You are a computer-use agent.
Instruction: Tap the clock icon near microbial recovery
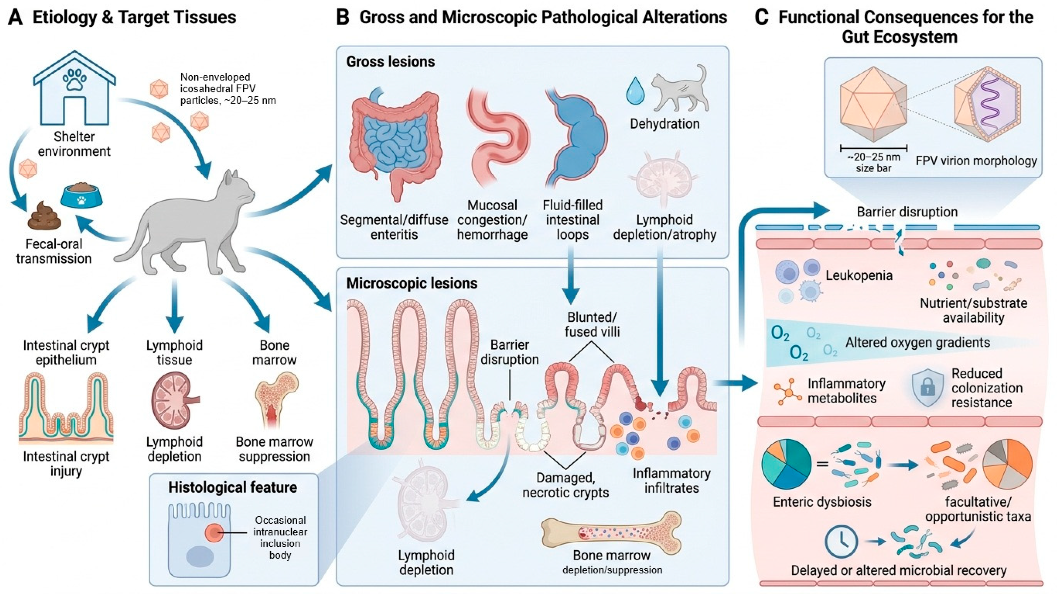pos(841,541)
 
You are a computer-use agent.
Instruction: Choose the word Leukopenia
pos(859,275)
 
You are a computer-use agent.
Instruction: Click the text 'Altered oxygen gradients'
pos(918,343)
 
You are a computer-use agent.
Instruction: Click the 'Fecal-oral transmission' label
pos(54,251)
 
